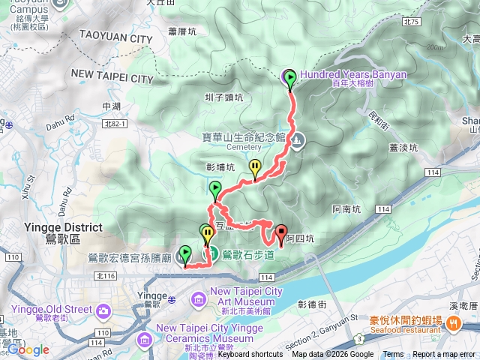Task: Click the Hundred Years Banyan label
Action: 353,74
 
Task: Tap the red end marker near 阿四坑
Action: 281,232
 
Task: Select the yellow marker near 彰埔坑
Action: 256,169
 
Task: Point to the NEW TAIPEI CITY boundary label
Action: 112,76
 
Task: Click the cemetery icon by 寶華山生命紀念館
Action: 298,139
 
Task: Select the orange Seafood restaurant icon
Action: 453,324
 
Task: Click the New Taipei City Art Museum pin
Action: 199,299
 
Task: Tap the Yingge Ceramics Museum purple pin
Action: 145,339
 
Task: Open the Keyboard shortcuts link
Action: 250,355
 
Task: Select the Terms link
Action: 393,355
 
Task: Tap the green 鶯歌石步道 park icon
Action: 212,254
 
